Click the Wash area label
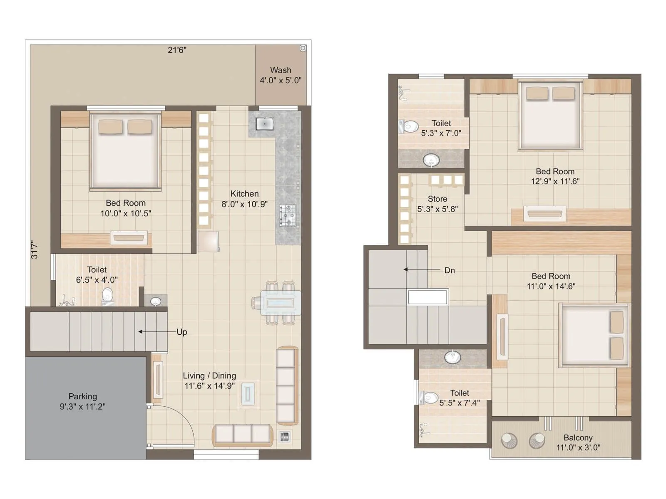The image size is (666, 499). tap(281, 70)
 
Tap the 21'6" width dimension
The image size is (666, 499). tap(177, 50)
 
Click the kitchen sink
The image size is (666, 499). tap(264, 124)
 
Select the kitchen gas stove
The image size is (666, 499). tap(288, 215)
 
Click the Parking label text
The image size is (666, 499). tap(82, 396)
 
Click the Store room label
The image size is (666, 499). tap(437, 199)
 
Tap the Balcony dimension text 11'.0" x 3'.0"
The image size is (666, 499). tap(578, 447)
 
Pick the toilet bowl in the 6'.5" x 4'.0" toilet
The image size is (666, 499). tap(107, 294)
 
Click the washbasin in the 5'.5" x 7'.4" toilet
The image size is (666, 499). tap(452, 357)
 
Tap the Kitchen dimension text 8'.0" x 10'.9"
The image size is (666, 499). tap(244, 204)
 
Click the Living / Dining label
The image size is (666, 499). tap(209, 375)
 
